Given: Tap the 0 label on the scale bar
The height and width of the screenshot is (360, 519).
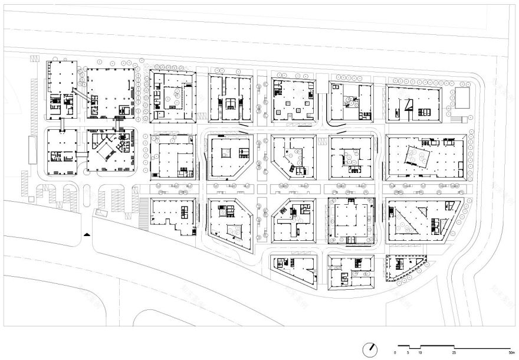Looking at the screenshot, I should point(396,352).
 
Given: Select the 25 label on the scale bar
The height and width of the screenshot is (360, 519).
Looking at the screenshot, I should point(454,352).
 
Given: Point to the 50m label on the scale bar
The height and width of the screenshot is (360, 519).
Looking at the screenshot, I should point(511,352).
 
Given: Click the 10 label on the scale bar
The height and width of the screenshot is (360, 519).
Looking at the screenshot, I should point(420,352).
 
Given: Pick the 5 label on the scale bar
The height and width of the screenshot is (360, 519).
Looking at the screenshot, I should point(408,352).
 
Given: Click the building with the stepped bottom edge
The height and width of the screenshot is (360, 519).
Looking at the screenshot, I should point(173,217).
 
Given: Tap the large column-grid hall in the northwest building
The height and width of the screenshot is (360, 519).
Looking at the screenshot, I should point(109,91).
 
